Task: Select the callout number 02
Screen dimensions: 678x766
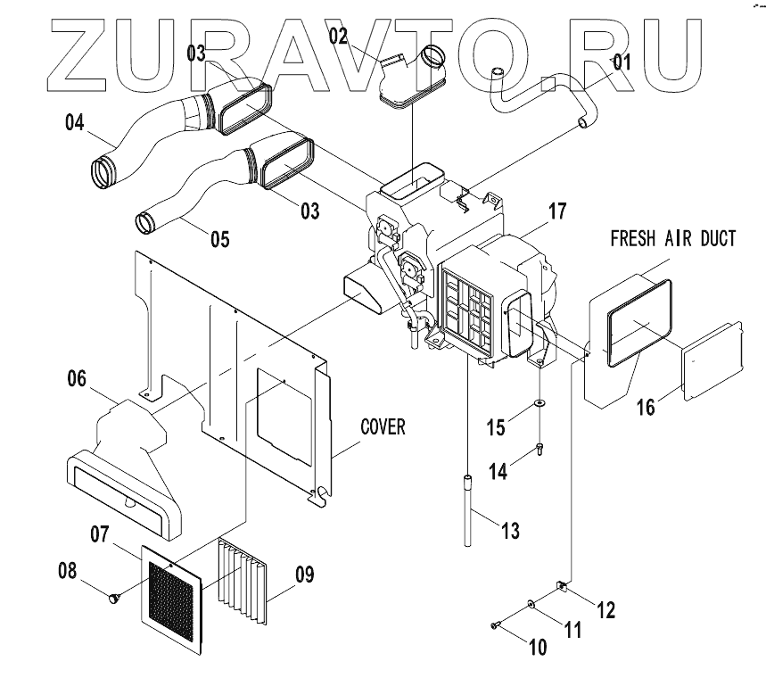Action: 337,37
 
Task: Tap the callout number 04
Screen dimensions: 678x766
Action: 75,123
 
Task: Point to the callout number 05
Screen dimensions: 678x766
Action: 219,238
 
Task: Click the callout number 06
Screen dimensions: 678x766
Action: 76,379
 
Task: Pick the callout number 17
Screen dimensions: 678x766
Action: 557,212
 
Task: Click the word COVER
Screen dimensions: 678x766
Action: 383,427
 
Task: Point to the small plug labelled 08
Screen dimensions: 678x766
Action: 113,599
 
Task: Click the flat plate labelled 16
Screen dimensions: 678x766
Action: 713,361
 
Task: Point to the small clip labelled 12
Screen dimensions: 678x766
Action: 562,586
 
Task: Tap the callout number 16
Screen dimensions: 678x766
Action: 646,407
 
